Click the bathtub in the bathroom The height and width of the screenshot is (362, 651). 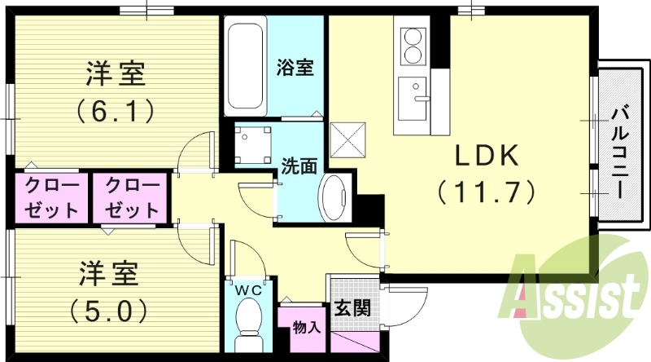(245, 68)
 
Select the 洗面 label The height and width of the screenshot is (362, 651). (299, 166)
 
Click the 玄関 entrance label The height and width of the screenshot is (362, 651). (352, 310)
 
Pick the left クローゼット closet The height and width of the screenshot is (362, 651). (50, 197)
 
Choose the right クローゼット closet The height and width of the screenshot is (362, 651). (130, 197)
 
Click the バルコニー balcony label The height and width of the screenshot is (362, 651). (618, 150)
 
